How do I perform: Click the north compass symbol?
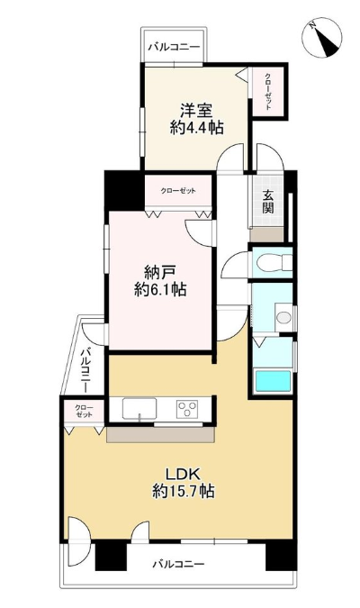[x=321, y=38]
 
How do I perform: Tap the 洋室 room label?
[x=196, y=111]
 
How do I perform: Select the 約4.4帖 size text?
[x=196, y=127]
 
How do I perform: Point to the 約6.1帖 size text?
[x=160, y=289]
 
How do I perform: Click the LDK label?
[x=183, y=474]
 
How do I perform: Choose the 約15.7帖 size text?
[x=184, y=491]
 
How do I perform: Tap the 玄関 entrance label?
[x=268, y=201]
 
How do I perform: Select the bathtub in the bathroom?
[x=273, y=381]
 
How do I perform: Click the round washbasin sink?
[x=283, y=318]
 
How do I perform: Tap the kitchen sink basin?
[x=139, y=409]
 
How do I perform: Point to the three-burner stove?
[x=187, y=409]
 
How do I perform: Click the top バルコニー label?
[x=175, y=48]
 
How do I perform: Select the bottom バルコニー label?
[x=178, y=563]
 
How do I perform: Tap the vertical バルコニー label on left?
[x=86, y=370]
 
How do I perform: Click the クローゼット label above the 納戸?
[x=178, y=191]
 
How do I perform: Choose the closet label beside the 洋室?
[x=268, y=92]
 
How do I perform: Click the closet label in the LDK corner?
[x=84, y=412]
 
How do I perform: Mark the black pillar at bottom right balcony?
[x=281, y=556]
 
